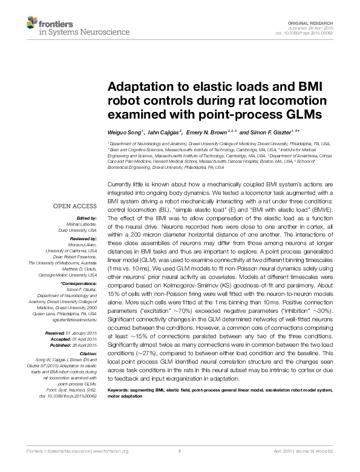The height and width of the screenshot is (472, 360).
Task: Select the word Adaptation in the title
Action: click(x=140, y=87)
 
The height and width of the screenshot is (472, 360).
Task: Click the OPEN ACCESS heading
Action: click(x=76, y=206)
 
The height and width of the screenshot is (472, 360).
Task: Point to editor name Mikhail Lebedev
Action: click(x=81, y=223)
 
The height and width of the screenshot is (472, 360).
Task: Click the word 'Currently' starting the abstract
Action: click(x=120, y=183)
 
